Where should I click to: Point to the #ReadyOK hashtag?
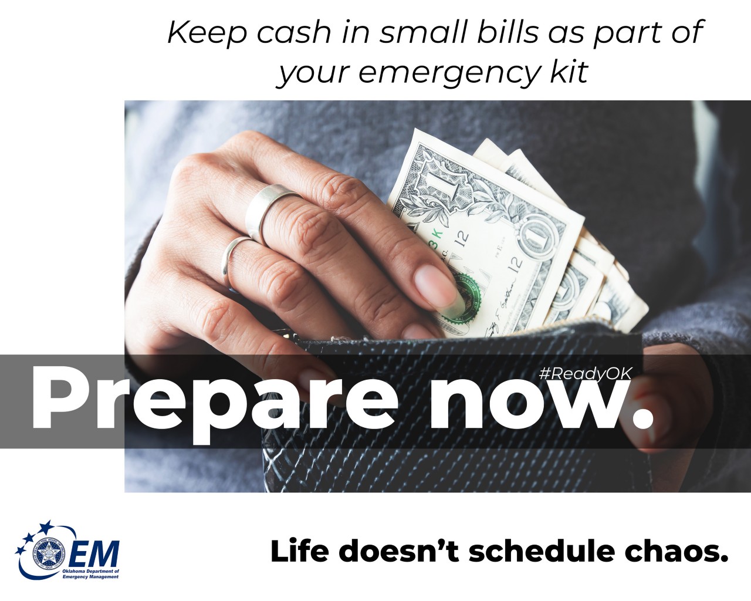pyautogui.click(x=584, y=373)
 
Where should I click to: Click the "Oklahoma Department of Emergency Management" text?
pyautogui.click(x=90, y=574)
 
